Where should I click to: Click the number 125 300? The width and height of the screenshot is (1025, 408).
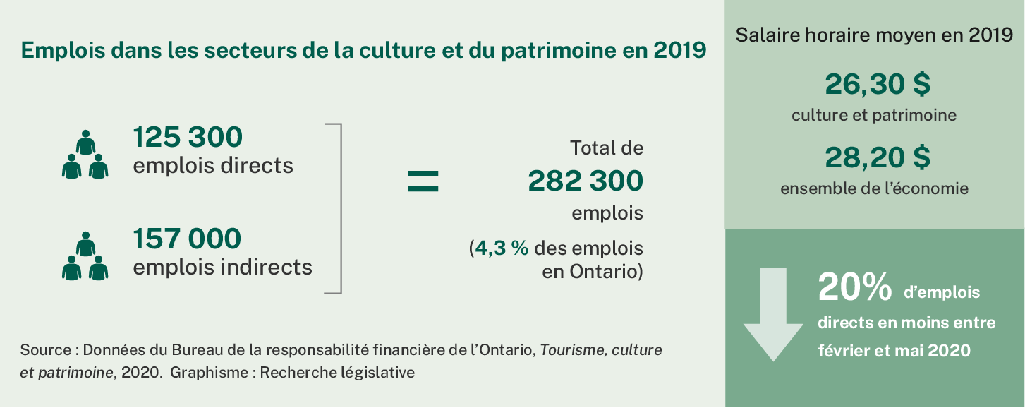point(187,138)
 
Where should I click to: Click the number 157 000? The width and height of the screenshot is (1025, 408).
point(187,239)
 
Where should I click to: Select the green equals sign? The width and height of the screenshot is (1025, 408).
point(423,181)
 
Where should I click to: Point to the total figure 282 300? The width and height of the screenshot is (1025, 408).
point(586,181)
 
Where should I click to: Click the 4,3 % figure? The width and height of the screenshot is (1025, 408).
point(502,249)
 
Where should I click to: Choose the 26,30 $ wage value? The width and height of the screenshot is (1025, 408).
point(878,85)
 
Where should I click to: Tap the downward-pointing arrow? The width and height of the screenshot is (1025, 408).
point(773,315)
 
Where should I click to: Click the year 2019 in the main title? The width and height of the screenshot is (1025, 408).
point(679,51)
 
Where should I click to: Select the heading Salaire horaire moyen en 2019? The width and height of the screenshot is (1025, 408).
point(874,35)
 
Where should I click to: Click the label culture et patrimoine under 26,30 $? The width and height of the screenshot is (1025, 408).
point(874,115)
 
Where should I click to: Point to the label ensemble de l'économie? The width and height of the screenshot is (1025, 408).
point(874,188)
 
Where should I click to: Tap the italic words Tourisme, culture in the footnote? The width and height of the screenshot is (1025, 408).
point(601,350)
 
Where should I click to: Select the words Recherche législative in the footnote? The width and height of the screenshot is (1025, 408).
point(337,373)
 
